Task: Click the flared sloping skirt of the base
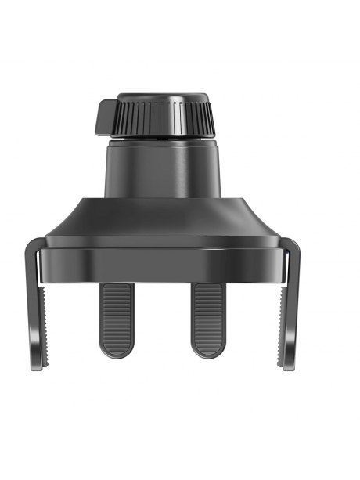pos(162,220)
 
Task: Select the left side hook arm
pos(34,313)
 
